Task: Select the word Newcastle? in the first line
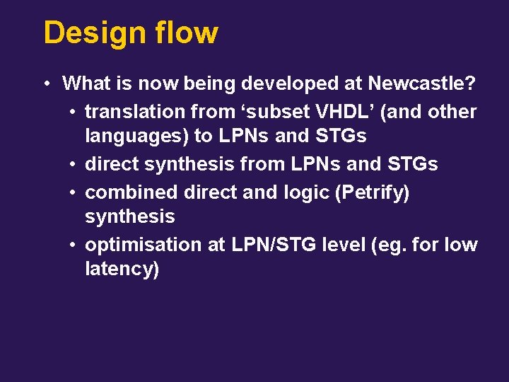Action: point(422,83)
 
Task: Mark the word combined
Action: point(131,192)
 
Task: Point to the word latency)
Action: point(122,269)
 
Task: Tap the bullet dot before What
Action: point(45,84)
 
